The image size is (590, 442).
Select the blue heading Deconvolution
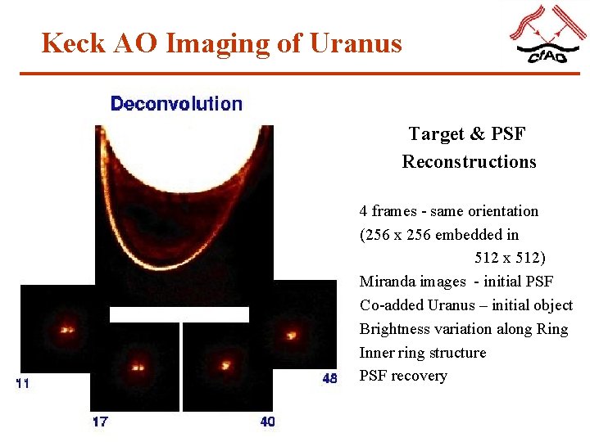[176, 104]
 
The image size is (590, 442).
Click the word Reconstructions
[469, 161]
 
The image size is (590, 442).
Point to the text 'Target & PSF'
[467, 133]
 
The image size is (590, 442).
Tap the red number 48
[329, 379]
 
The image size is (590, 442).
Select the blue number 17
[99, 422]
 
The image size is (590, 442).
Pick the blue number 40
[268, 422]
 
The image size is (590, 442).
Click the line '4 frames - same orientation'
[449, 211]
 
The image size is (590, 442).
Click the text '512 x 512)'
[510, 258]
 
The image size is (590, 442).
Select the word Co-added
[392, 305]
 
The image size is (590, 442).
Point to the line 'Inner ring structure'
[423, 353]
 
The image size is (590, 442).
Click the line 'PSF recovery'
[403, 376]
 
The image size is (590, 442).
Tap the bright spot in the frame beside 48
[291, 334]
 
